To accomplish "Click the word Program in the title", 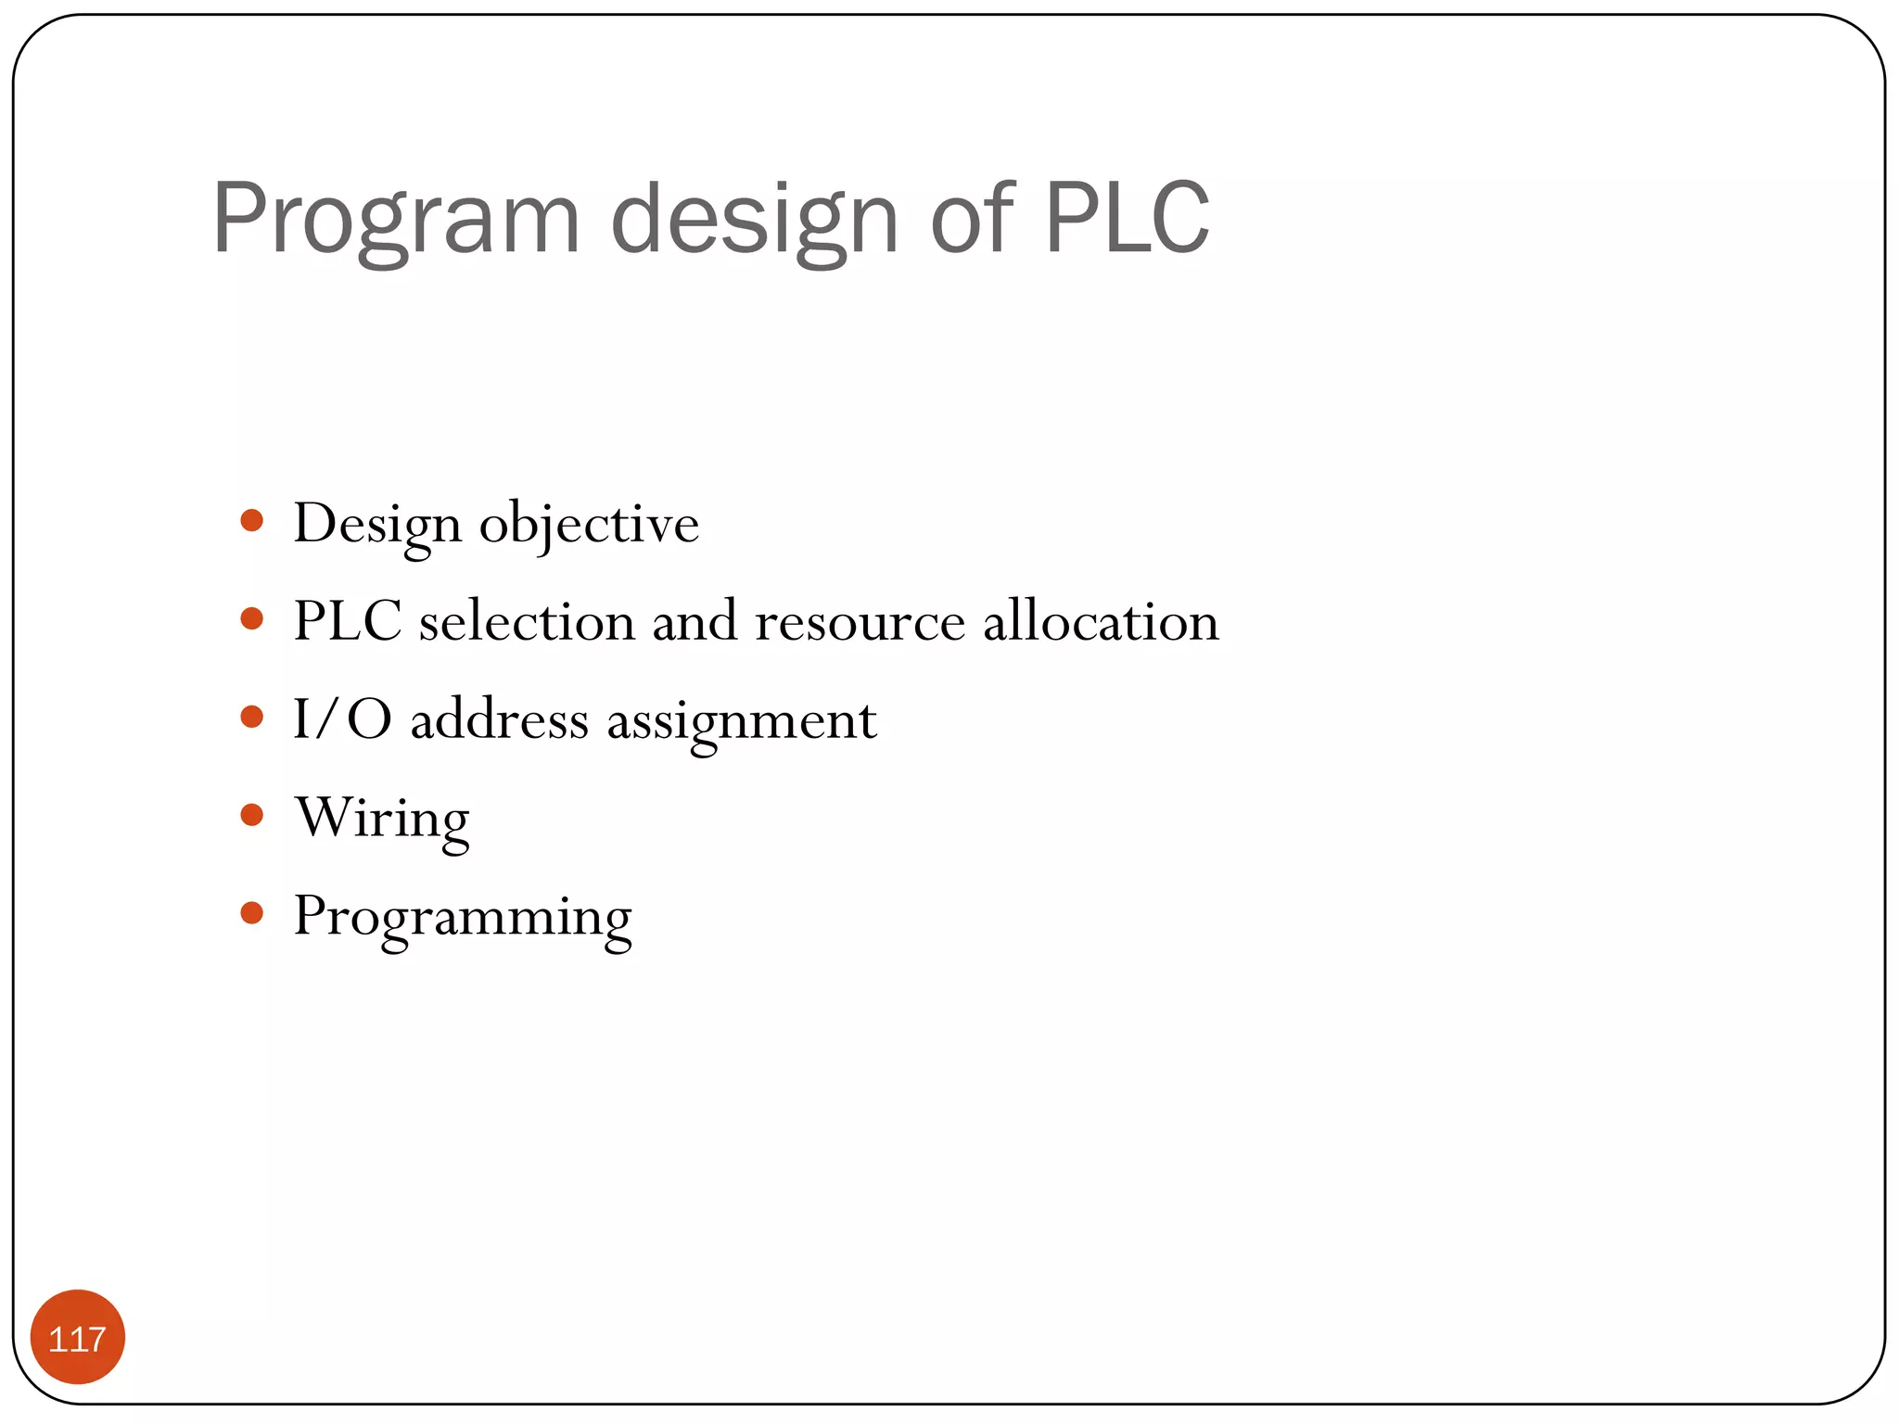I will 395,219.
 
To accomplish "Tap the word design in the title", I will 754,219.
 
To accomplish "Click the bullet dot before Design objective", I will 251,520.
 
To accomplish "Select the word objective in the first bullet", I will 589,525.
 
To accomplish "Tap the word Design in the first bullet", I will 377,525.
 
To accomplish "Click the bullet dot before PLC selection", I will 251,618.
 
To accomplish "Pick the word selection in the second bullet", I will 527,621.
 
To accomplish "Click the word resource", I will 860,621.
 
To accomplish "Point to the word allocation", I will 1101,621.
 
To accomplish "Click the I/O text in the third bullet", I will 342,719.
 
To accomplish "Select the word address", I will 499,719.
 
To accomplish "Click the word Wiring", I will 382,820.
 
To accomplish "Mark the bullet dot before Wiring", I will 251,815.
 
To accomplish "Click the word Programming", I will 463,918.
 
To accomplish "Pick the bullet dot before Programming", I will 251,913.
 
